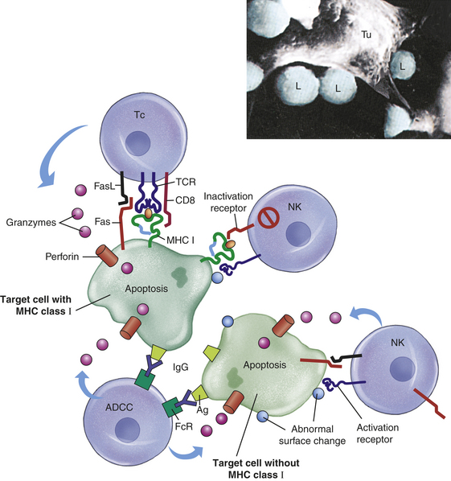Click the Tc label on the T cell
(140, 115)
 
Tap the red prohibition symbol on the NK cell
(269, 218)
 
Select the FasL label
(105, 186)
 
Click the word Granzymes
(31, 222)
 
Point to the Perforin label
(62, 256)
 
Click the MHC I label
(180, 240)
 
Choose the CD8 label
(185, 200)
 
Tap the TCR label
(186, 182)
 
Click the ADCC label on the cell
(119, 407)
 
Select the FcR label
(183, 426)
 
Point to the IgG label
(181, 367)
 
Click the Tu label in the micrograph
(366, 35)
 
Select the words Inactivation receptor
(228, 202)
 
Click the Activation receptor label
(378, 434)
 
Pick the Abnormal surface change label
(312, 434)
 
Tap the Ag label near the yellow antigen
(203, 410)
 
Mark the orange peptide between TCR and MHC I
(149, 213)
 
